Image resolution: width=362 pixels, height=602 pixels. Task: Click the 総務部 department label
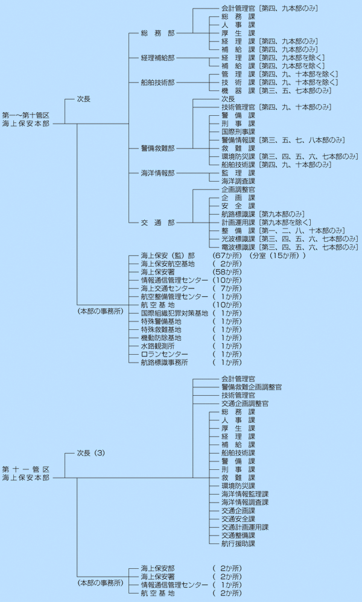tap(153, 33)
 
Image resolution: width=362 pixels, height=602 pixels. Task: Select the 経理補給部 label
tap(157, 58)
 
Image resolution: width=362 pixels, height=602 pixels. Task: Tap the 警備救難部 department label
tap(157, 148)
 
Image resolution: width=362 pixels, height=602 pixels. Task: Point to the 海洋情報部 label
tap(157, 173)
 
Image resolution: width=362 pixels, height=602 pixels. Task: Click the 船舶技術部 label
tap(157, 82)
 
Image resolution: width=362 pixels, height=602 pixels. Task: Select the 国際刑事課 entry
tap(238, 131)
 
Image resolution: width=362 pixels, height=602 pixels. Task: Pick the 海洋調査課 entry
tap(238, 181)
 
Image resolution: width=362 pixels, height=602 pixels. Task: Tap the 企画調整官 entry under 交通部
tap(238, 189)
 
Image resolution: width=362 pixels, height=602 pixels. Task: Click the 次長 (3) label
tap(91, 452)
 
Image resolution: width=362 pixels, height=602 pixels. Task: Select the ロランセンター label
tap(164, 354)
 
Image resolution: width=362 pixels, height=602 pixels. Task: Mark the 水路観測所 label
tap(157, 346)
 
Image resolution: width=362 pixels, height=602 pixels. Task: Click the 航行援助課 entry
tap(238, 543)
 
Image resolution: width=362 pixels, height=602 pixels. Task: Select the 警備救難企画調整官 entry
tap(251, 387)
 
